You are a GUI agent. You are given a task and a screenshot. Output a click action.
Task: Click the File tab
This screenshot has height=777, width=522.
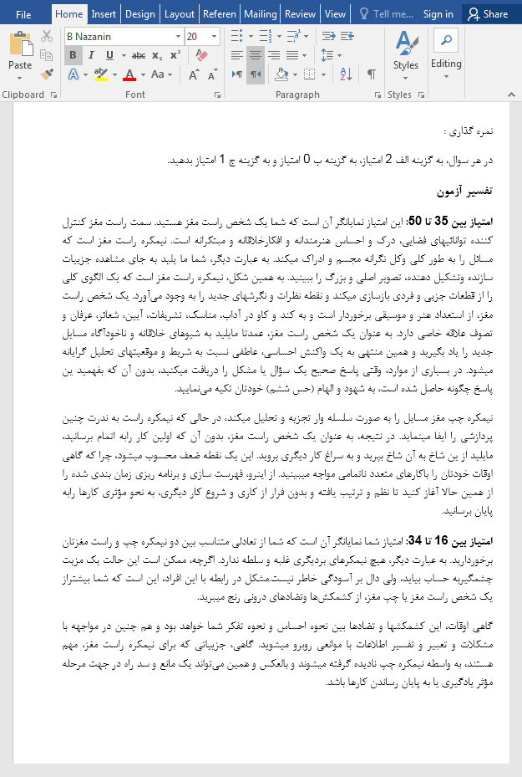(23, 14)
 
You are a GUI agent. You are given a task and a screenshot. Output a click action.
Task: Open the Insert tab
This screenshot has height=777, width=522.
(104, 14)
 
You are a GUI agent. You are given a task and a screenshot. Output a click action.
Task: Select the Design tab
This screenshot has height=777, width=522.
(139, 14)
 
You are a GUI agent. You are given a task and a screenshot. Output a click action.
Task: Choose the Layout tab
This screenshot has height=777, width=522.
(180, 14)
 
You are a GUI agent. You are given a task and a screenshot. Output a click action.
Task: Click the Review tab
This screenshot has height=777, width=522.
(300, 14)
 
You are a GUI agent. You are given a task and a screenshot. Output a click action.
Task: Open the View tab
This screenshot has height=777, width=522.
(335, 14)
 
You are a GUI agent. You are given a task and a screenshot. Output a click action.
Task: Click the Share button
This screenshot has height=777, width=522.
(488, 14)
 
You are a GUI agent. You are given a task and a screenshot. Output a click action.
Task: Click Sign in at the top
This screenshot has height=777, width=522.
(438, 14)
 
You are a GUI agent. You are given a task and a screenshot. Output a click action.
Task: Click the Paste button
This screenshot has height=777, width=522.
(20, 52)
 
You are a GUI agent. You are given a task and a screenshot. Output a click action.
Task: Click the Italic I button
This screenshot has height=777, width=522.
(91, 55)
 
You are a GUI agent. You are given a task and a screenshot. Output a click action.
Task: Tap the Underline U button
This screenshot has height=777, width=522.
(109, 55)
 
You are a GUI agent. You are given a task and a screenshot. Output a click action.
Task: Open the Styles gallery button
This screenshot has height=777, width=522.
(406, 52)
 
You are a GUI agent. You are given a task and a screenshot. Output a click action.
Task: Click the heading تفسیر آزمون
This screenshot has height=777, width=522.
(464, 192)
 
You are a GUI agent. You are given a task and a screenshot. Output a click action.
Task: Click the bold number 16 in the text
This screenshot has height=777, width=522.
(442, 539)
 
